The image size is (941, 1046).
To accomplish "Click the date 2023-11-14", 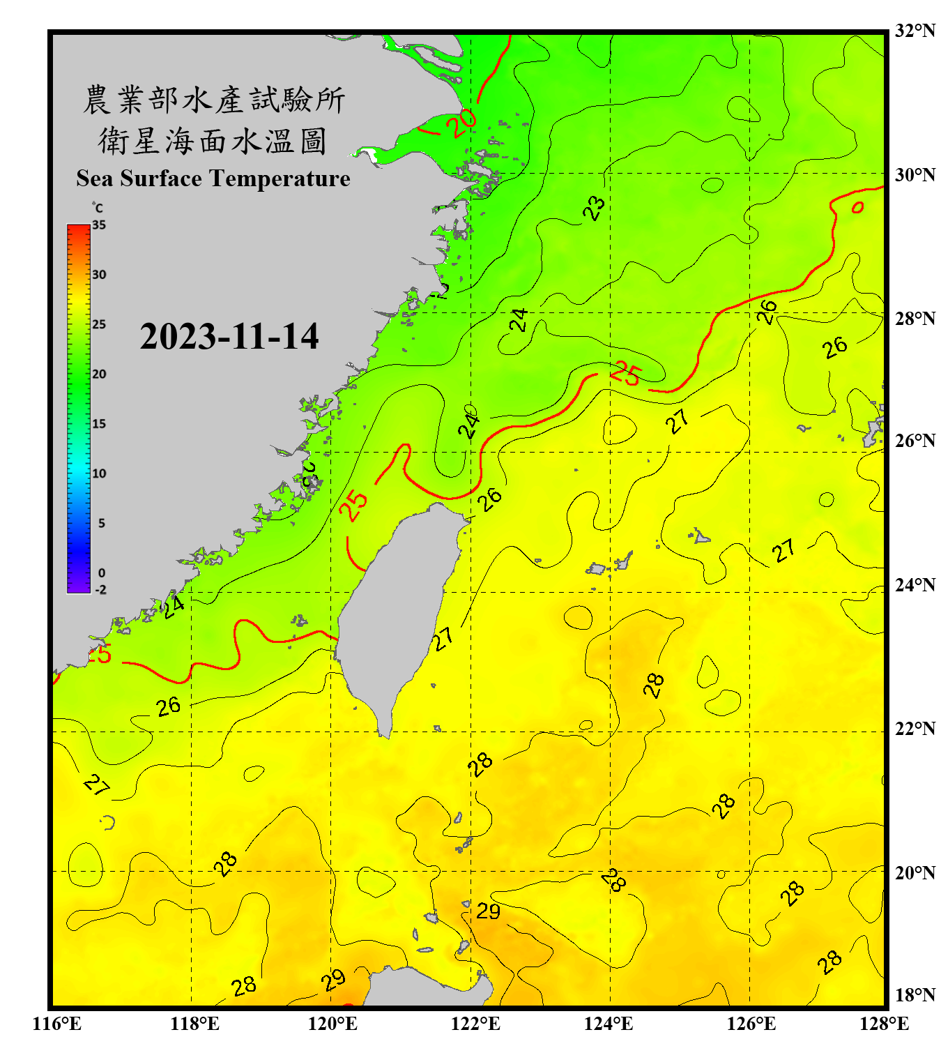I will [x=229, y=337].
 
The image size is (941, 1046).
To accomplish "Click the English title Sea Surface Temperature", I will [x=213, y=179].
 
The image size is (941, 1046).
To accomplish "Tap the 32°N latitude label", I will [x=915, y=31].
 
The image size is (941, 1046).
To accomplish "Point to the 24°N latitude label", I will [x=915, y=584].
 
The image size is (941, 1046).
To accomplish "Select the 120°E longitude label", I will [x=332, y=1024].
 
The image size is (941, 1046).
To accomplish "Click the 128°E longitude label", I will [x=884, y=1024].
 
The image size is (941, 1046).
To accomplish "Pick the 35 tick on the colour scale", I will [x=99, y=225].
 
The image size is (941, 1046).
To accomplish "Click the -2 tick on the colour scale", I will [x=100, y=589].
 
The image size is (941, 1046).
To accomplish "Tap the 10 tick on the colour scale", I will [x=99, y=473].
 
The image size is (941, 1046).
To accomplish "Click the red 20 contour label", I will [x=461, y=123].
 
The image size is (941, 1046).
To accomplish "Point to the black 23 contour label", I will [x=594, y=208].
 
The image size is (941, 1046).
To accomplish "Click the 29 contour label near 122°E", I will [x=488, y=911].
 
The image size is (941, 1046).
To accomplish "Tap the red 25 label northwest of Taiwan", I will [x=354, y=505].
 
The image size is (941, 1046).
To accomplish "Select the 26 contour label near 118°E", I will [x=168, y=706].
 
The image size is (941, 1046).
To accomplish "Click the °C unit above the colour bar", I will [x=97, y=208].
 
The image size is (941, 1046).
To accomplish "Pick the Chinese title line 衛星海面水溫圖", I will [x=213, y=142].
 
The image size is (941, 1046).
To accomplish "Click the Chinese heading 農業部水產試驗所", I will [x=213, y=100].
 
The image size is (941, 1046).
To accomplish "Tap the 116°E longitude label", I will [x=56, y=1024].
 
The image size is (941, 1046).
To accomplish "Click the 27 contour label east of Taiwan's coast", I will [x=443, y=638].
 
